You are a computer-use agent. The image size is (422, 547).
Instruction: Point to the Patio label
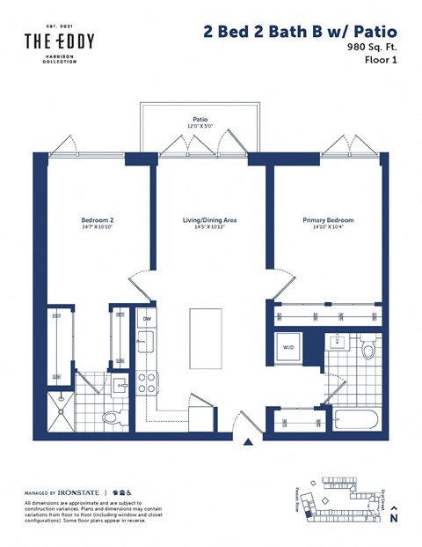coord(200,121)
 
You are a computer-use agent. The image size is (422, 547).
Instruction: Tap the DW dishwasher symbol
coord(148,319)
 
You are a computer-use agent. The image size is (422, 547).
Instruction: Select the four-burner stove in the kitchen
coord(147,381)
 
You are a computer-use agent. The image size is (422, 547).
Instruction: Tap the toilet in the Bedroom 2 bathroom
coord(113,417)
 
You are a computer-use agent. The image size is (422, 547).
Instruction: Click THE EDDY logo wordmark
coord(59,40)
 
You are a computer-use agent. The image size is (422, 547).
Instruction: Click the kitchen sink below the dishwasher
coord(148,344)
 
